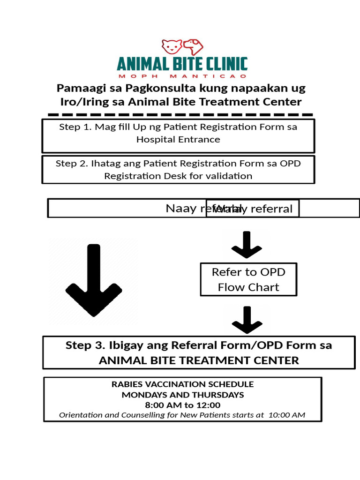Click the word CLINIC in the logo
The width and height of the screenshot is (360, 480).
pos(222,64)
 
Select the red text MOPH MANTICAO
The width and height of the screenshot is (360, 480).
pos(182,76)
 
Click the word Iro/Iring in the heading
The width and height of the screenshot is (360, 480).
pos(77,102)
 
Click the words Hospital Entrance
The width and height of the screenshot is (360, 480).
pos(178,139)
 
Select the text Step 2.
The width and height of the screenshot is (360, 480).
pos(71,164)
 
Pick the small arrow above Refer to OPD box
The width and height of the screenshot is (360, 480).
pos(247,245)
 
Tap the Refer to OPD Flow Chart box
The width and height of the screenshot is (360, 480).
pos(248,279)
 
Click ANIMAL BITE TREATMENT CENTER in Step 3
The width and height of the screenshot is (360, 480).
pos(199,360)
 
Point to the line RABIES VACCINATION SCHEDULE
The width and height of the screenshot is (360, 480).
pos(182,384)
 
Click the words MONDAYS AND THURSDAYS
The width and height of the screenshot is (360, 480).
pos(183,395)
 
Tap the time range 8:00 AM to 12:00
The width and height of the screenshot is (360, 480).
pos(182,405)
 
